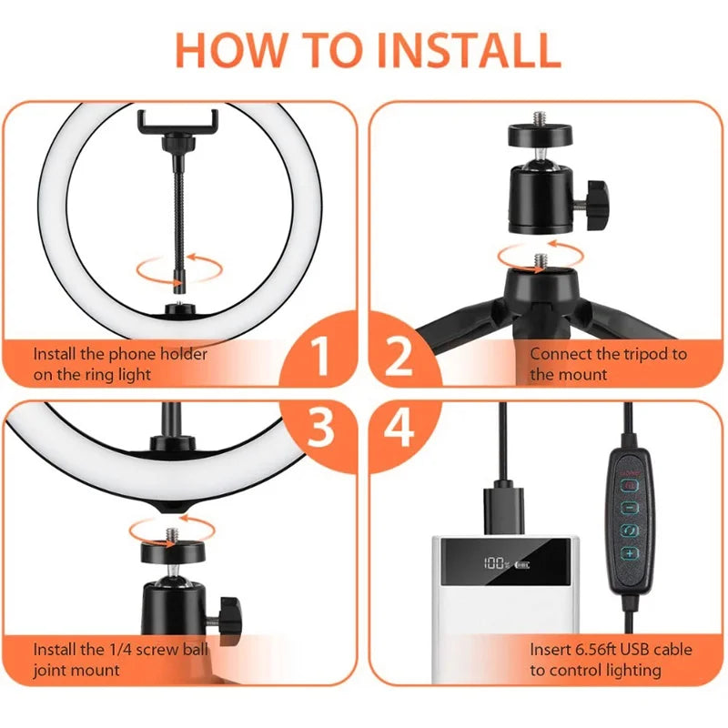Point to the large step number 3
click(320, 429)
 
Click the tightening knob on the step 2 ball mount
click(597, 195)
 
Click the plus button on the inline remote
click(629, 553)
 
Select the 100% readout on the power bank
click(493, 562)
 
